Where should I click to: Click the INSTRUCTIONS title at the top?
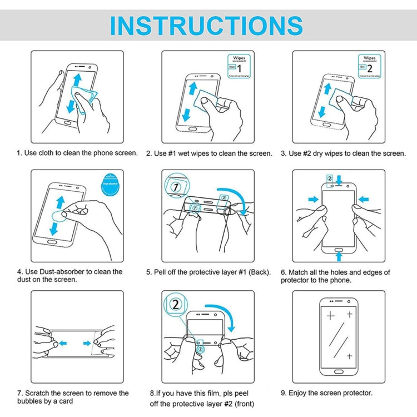(206, 26)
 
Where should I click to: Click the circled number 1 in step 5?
(176, 187)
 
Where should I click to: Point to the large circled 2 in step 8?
(176, 305)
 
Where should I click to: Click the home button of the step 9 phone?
(339, 369)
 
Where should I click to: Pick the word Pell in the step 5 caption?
(163, 272)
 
